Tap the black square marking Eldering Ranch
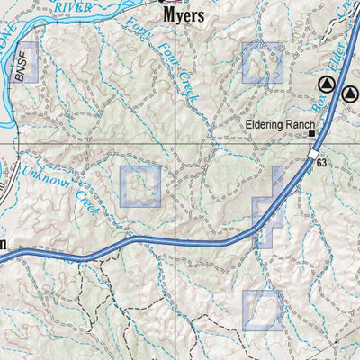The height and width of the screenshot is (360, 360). coord(312,134)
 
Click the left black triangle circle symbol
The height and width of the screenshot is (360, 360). coord(327,85)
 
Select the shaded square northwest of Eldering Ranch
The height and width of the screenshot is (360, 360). coord(262,63)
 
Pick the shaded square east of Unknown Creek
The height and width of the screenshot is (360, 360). coord(140,186)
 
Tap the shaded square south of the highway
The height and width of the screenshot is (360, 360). coord(262,310)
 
